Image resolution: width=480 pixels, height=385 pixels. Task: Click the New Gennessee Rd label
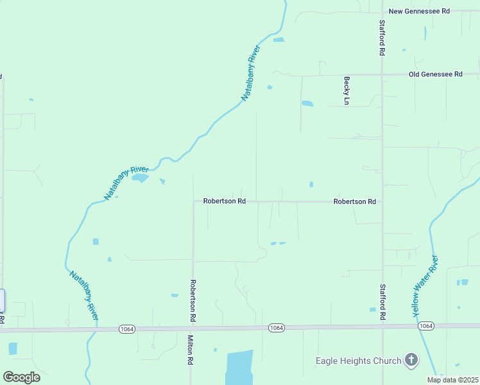[x=420, y=11]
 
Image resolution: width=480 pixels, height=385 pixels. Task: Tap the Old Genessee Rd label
[x=435, y=74]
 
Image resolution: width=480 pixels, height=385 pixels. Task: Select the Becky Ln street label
[x=347, y=90]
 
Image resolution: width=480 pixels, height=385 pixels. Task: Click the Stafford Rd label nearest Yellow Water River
[x=382, y=302]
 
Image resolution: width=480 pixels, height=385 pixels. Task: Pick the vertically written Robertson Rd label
[x=192, y=300]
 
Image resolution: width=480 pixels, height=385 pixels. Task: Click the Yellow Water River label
[x=425, y=286]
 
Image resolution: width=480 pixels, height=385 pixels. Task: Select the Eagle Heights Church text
[x=358, y=361]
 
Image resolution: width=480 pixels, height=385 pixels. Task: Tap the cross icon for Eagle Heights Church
[x=411, y=361]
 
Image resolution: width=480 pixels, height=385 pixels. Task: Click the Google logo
[x=21, y=377]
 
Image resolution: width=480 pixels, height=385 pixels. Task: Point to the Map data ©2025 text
[x=452, y=380]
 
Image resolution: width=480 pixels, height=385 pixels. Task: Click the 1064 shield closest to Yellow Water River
[x=425, y=326]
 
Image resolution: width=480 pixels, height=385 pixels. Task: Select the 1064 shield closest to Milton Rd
[x=126, y=329]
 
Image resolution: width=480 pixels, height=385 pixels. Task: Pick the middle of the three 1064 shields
[x=276, y=328]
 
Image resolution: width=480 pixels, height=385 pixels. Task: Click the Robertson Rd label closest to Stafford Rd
[x=354, y=201]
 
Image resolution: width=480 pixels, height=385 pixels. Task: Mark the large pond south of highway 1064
[x=239, y=367]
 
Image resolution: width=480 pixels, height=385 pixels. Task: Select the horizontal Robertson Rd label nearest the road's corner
[x=225, y=201]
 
